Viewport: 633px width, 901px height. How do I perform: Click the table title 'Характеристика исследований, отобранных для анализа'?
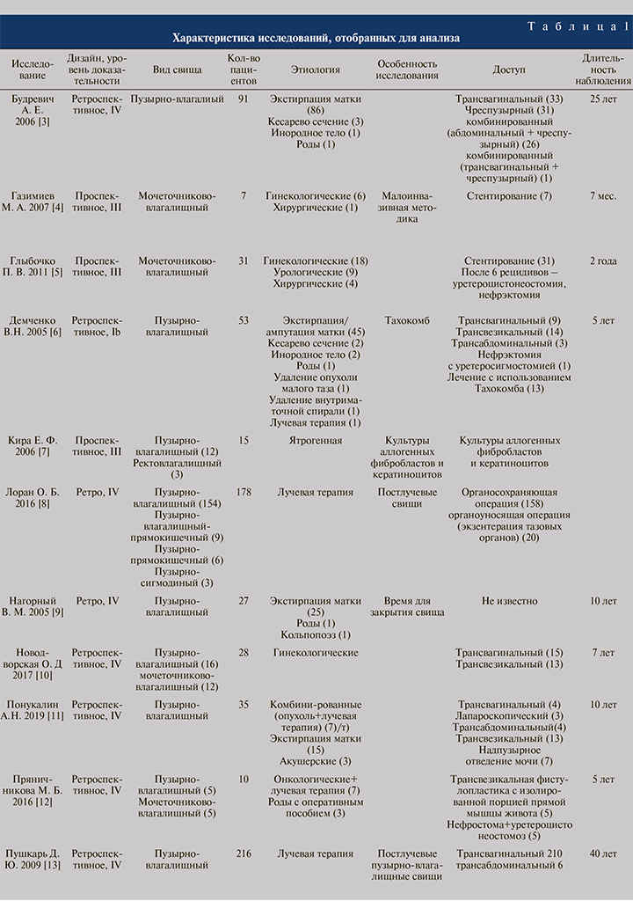click(x=316, y=39)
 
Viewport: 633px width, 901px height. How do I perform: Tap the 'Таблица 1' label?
click(x=578, y=26)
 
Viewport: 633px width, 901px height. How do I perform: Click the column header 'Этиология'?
click(x=316, y=69)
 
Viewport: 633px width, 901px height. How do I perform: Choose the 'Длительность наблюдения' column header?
click(x=602, y=69)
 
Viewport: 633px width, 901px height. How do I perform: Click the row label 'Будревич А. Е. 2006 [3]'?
click(x=31, y=111)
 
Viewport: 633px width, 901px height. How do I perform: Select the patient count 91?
click(x=244, y=99)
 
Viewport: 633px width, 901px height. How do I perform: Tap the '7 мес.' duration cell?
click(x=603, y=194)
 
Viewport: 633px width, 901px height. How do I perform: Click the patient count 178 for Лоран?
click(x=244, y=492)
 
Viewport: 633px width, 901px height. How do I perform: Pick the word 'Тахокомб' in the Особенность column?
click(x=408, y=319)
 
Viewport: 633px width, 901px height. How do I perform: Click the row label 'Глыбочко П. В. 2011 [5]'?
click(x=31, y=273)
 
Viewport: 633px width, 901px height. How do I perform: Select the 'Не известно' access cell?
click(x=508, y=601)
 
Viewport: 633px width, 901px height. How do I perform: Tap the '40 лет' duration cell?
click(x=603, y=853)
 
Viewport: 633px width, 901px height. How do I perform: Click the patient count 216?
click(x=244, y=853)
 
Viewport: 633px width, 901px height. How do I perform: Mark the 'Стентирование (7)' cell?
click(x=509, y=194)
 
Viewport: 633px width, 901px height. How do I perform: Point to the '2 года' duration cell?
click(x=603, y=260)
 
